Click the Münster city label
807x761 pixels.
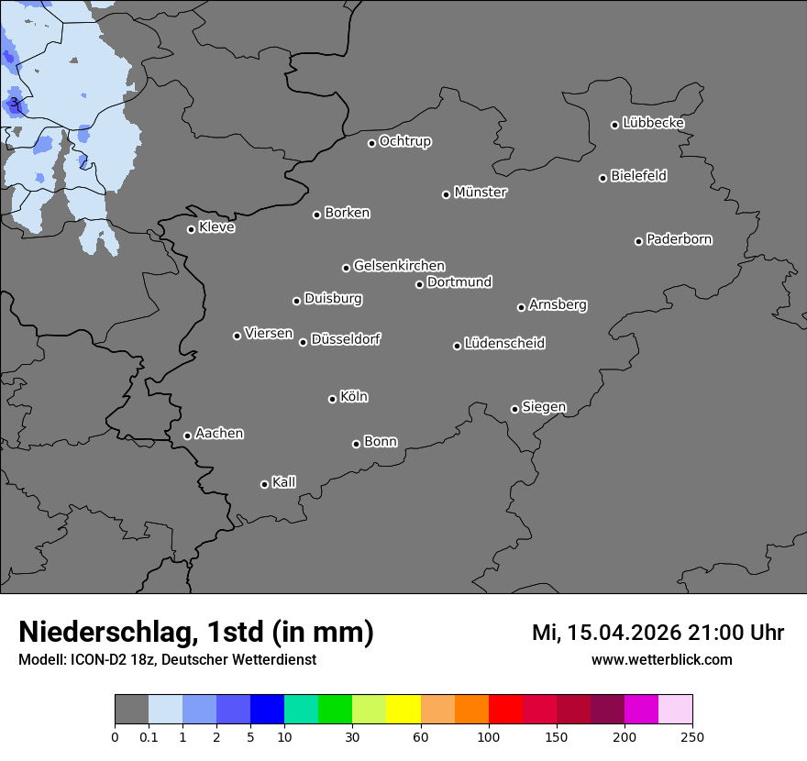click(x=481, y=193)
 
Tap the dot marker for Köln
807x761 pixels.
click(x=332, y=399)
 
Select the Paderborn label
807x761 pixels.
click(x=680, y=239)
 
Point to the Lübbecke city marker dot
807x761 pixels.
click(x=615, y=125)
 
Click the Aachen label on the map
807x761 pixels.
click(x=219, y=434)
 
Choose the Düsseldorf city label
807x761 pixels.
click(x=346, y=339)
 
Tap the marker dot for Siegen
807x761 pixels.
click(x=514, y=409)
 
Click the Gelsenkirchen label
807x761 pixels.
click(x=399, y=266)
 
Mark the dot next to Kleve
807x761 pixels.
click(x=191, y=229)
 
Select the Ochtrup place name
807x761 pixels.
click(x=405, y=141)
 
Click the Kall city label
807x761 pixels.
click(x=284, y=482)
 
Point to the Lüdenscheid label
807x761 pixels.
click(x=505, y=344)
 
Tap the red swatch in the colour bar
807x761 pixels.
click(x=505, y=710)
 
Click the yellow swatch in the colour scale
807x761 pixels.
click(x=403, y=710)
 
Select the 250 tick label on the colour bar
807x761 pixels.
click(x=692, y=736)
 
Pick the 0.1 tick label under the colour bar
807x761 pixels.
click(x=149, y=736)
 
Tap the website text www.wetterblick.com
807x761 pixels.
click(x=662, y=660)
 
